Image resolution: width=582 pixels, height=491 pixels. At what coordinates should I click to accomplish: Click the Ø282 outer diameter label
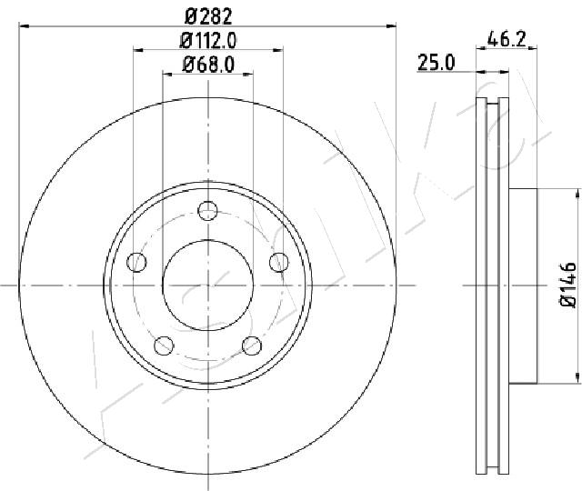click(x=208, y=16)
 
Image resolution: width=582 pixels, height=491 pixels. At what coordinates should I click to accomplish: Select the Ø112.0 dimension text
click(x=208, y=40)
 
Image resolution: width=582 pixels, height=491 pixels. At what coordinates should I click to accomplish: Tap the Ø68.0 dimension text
click(x=208, y=65)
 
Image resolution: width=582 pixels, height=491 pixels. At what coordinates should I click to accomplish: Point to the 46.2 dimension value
click(x=507, y=38)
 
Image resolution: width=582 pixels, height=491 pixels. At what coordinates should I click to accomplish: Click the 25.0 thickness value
click(x=436, y=62)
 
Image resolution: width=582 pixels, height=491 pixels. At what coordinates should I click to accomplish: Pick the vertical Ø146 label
click(x=567, y=285)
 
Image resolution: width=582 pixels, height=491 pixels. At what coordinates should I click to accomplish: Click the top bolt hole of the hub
click(x=208, y=211)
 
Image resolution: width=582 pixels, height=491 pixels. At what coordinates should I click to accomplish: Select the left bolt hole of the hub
click(x=136, y=262)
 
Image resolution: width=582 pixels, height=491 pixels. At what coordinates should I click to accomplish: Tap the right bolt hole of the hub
click(x=279, y=262)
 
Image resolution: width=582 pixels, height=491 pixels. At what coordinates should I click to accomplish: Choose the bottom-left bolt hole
click(x=164, y=346)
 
